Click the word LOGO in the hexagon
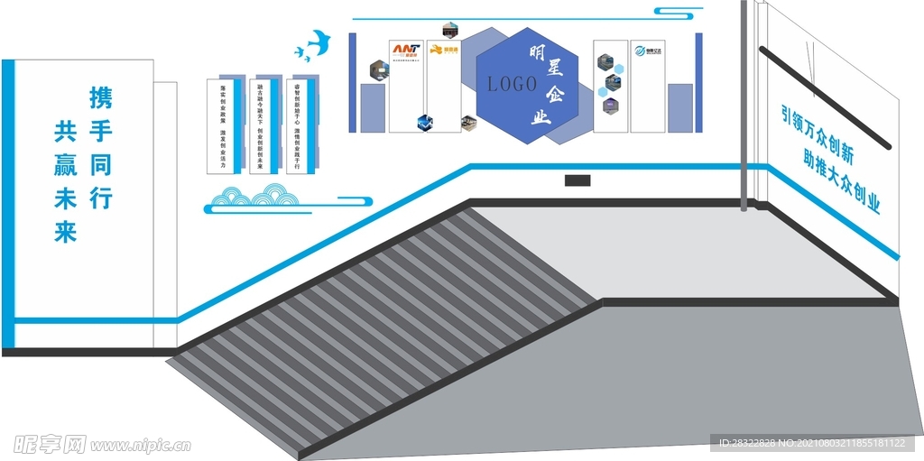[512, 84]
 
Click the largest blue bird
[318, 41]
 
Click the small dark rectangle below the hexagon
[577, 180]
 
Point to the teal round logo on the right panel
[641, 51]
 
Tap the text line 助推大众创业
[841, 179]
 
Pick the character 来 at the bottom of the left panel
[66, 232]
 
